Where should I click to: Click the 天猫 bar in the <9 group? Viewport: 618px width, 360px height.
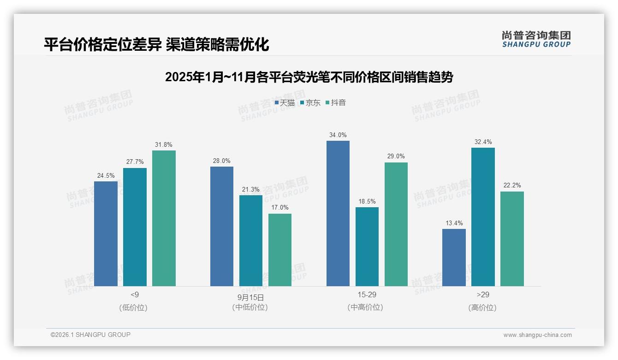coord(106,234)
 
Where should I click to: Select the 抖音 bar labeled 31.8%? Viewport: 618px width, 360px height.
coord(164,218)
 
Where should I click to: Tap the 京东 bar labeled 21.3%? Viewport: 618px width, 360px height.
coord(250,240)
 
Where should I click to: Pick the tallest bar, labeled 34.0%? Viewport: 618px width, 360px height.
coord(338,213)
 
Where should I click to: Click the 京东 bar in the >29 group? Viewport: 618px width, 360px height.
coord(483,217)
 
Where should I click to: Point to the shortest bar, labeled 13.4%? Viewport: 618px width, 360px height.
coord(454,258)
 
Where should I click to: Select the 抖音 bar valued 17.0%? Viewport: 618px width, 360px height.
coord(279,250)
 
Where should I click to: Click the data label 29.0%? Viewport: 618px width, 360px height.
coord(396,156)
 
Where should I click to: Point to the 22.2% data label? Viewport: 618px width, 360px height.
coord(512,186)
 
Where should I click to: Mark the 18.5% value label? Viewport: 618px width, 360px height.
coord(367,201)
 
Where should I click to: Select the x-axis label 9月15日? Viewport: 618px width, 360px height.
coord(250,297)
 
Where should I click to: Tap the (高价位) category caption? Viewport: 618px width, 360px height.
coord(483,307)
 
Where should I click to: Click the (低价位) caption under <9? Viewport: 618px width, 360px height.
coord(134,307)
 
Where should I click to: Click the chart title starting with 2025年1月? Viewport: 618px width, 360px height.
coord(309,77)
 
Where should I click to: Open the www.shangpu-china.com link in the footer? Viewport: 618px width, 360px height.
coord(537,335)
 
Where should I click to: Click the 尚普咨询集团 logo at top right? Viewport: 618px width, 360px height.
coord(536,39)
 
